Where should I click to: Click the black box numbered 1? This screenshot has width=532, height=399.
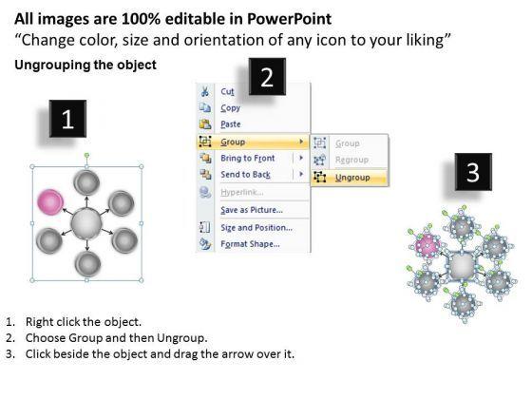(67, 119)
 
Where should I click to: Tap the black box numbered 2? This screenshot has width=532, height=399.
(267, 77)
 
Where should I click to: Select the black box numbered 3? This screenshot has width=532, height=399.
(473, 172)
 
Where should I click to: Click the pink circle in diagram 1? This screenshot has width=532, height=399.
(50, 201)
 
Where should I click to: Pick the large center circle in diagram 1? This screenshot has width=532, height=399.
(86, 224)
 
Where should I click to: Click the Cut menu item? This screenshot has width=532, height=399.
(227, 91)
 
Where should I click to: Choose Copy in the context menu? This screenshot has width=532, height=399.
(230, 108)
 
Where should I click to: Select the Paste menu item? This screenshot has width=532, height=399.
(231, 124)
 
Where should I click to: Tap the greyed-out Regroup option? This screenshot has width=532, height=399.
(351, 160)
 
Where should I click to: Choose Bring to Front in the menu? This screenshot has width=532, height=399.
(248, 158)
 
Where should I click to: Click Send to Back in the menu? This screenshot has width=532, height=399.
(246, 175)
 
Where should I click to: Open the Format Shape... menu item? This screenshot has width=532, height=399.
(251, 244)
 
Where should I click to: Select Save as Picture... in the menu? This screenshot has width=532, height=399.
(252, 210)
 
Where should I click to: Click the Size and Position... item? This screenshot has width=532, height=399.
(256, 228)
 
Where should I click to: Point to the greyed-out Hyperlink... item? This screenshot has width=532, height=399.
(242, 192)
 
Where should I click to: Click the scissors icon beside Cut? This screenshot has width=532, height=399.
(205, 91)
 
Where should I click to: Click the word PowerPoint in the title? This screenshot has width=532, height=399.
(289, 19)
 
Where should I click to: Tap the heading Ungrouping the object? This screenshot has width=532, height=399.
(85, 65)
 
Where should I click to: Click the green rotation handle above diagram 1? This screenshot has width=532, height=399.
(86, 156)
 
